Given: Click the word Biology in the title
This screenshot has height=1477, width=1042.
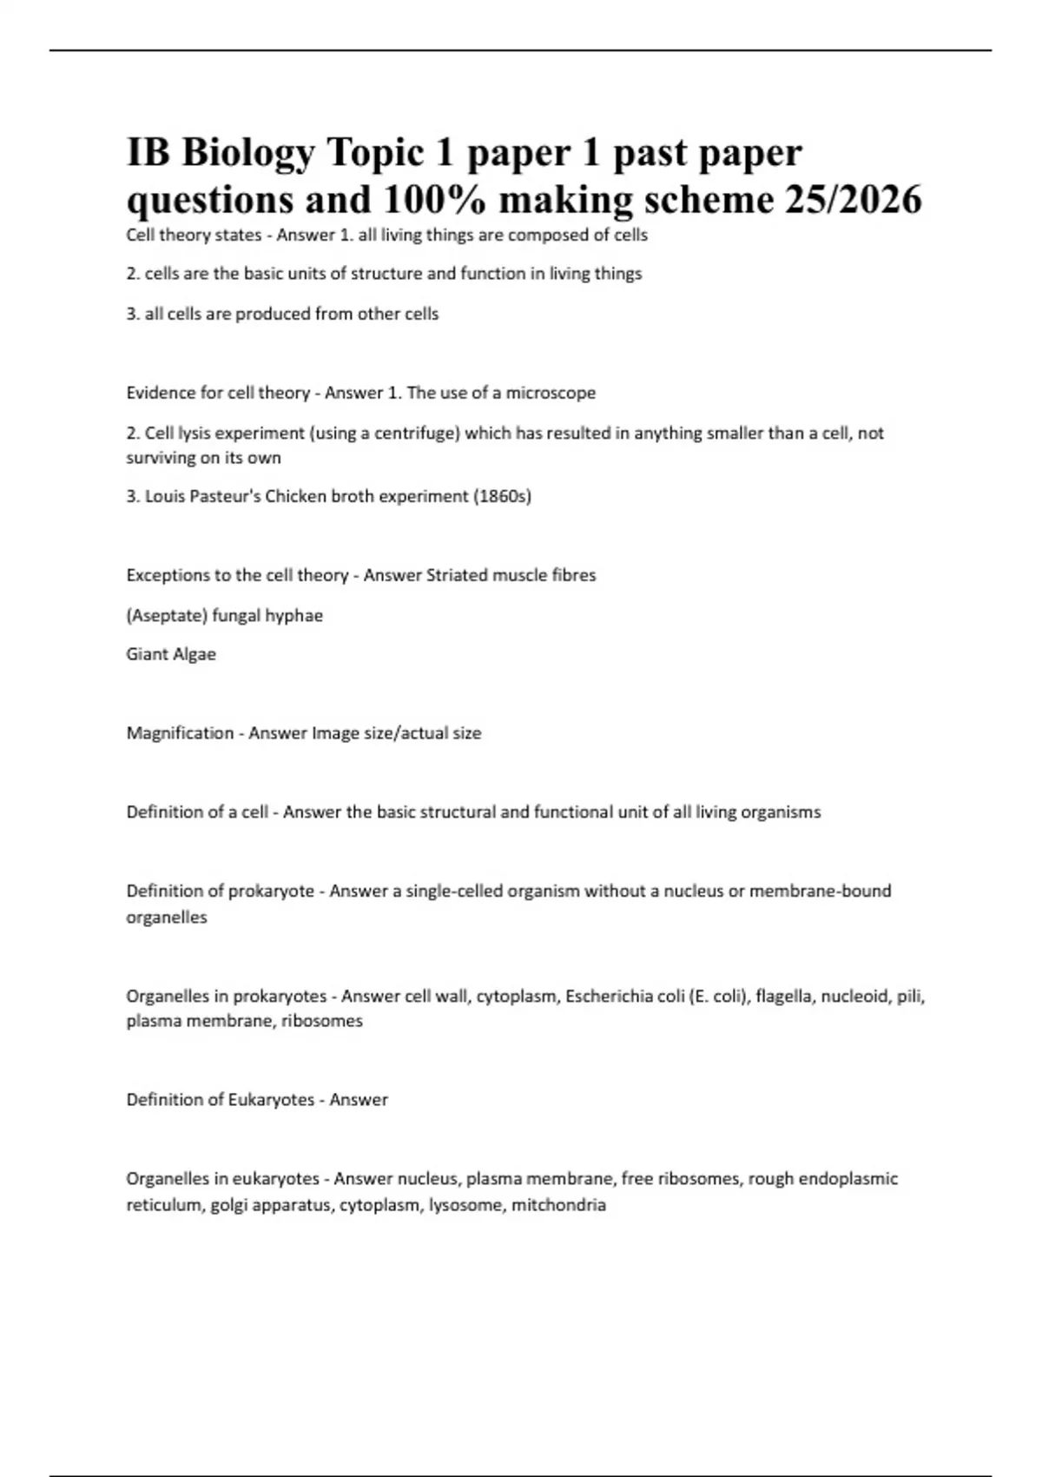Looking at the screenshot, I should [x=247, y=154].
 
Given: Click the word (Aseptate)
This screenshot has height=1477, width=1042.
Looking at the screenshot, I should [x=167, y=616].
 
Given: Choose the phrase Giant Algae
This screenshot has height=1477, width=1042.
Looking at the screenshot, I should [x=171, y=654].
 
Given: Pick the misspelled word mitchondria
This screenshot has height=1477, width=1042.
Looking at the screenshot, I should [x=558, y=1205].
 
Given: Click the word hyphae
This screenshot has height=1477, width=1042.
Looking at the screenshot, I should [x=294, y=616].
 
